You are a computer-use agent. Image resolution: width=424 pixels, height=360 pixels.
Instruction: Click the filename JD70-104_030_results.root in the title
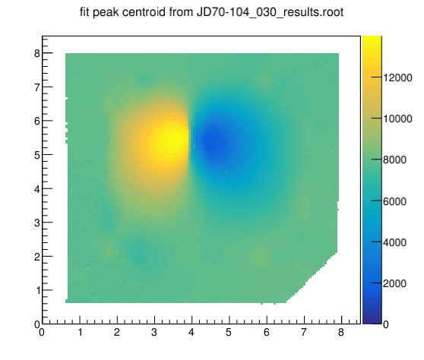click(270, 12)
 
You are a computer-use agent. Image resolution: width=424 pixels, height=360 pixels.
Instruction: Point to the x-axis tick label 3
click(154, 332)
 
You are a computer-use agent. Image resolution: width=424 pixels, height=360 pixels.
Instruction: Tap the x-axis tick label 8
click(341, 332)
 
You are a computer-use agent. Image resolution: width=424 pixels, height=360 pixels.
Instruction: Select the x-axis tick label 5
click(229, 332)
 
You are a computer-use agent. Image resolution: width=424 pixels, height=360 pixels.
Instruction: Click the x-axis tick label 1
click(80, 332)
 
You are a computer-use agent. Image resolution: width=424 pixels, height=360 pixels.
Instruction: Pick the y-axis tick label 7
click(37, 87)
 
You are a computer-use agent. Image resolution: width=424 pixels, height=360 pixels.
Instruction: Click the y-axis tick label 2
click(37, 257)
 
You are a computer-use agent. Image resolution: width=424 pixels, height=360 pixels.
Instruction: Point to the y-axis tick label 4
click(37, 189)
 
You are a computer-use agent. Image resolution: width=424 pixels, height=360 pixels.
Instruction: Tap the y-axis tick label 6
click(37, 121)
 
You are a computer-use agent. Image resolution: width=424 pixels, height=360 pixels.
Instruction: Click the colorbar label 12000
click(397, 77)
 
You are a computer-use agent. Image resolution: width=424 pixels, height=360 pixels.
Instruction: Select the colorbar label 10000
click(397, 118)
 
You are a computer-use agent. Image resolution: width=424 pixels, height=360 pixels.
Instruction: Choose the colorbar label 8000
click(394, 159)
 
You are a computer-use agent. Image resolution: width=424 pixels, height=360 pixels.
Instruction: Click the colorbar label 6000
click(394, 201)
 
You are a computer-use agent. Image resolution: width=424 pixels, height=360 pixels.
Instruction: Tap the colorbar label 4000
click(394, 242)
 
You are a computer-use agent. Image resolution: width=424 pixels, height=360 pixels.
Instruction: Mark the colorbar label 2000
click(394, 283)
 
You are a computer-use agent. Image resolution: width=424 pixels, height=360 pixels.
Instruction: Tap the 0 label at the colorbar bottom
click(386, 324)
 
